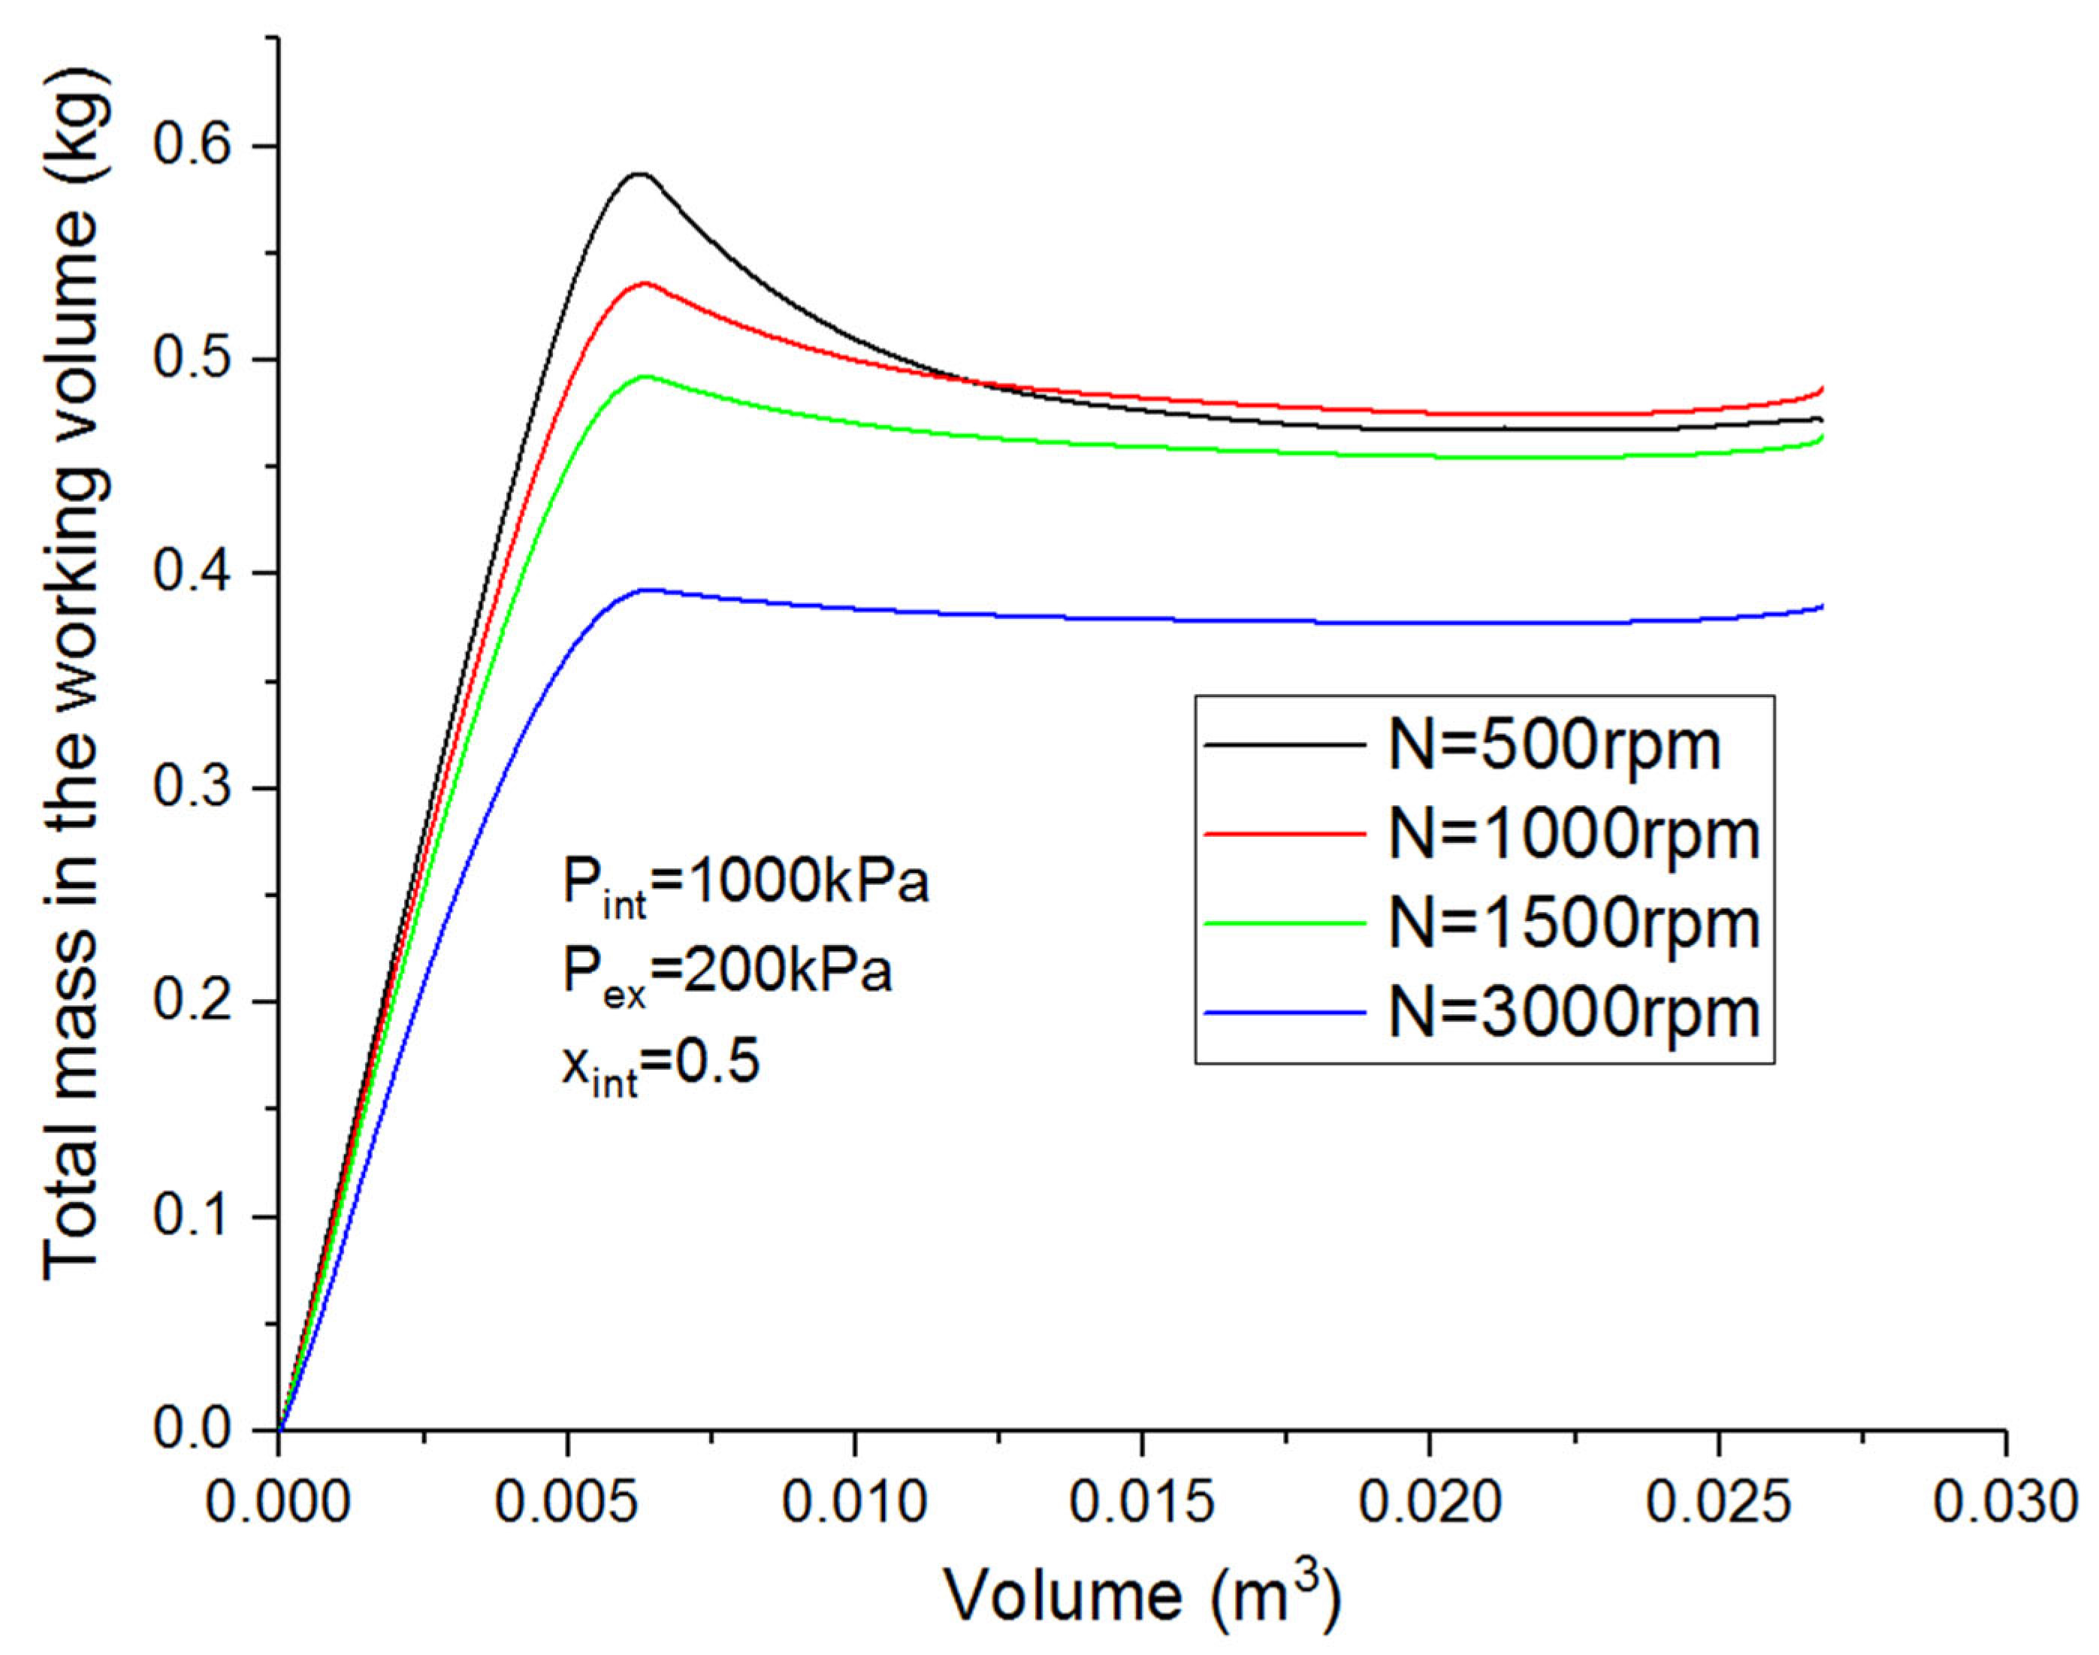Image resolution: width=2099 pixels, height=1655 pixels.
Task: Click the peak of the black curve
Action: tap(639, 174)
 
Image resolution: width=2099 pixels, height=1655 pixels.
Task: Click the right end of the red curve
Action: tap(1822, 388)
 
